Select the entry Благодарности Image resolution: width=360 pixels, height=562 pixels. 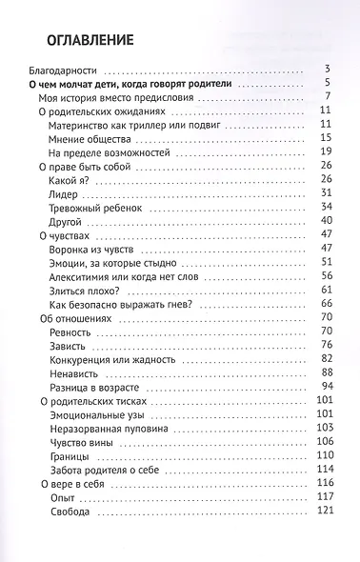point(67,70)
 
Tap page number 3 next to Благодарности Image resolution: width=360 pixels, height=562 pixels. point(327,70)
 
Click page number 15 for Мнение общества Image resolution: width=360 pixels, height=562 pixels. point(324,138)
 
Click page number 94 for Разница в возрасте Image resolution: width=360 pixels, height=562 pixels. point(324,387)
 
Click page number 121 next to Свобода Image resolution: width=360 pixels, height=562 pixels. point(322,512)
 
